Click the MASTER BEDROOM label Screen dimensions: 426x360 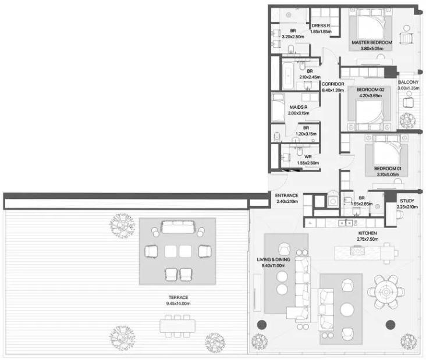coord(372,42)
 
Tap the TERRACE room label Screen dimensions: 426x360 coord(178,298)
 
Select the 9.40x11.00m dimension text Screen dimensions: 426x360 coord(274,266)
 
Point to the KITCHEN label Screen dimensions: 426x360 coord(368,233)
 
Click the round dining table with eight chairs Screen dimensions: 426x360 coord(386,292)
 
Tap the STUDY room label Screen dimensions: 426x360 coord(407,201)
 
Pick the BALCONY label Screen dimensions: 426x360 coord(409,82)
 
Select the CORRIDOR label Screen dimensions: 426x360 coord(333,84)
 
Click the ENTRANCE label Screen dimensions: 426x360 coord(287,195)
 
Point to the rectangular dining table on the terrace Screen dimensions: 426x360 coord(177,326)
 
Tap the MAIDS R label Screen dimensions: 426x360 coord(299,107)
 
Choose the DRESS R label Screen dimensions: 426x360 coord(321,26)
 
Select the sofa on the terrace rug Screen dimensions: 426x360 coord(178,227)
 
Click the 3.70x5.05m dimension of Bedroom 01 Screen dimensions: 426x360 coord(388,174)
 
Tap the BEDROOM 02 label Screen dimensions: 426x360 coord(370,90)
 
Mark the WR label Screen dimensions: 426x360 coord(308,156)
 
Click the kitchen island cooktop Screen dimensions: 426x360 coord(357,251)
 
